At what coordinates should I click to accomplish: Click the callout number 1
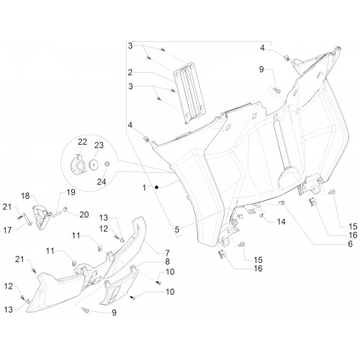click(x=144, y=188)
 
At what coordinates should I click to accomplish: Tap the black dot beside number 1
click(x=156, y=187)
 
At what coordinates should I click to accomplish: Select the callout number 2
click(x=130, y=72)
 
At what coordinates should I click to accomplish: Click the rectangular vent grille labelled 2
click(x=189, y=93)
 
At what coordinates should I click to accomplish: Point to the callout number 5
click(x=177, y=230)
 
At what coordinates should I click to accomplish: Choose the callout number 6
click(x=350, y=244)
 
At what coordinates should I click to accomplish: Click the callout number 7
click(x=167, y=253)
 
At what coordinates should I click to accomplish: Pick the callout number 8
click(x=167, y=261)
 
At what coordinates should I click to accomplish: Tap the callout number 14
click(x=281, y=222)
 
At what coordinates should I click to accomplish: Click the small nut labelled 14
click(x=261, y=216)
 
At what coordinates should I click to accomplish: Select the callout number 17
click(x=7, y=230)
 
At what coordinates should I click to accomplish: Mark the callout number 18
click(x=25, y=196)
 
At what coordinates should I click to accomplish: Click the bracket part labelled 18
click(x=41, y=216)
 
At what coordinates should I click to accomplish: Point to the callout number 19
click(x=71, y=192)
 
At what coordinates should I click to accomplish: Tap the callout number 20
click(x=84, y=215)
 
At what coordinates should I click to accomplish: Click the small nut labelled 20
click(x=64, y=210)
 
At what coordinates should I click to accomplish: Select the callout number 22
click(x=82, y=142)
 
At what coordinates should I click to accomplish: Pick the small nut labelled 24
click(x=107, y=164)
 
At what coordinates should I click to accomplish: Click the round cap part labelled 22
click(x=78, y=164)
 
